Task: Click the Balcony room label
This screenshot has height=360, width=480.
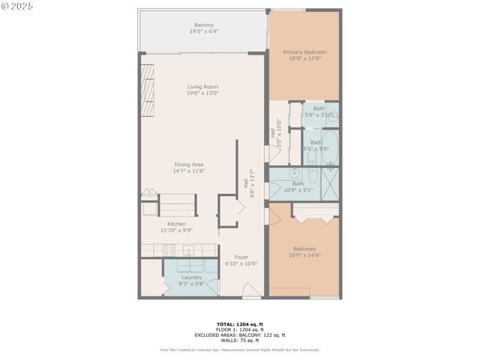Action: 203,25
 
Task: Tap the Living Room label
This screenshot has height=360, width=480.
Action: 203,87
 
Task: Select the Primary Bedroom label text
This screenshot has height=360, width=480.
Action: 304,52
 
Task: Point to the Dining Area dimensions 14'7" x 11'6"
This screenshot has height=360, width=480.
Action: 188,171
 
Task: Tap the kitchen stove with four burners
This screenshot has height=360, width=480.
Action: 168,250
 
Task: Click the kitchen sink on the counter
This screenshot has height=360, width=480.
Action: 189,250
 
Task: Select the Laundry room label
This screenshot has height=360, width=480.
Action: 191,277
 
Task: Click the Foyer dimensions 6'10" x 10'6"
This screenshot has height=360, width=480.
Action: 241,263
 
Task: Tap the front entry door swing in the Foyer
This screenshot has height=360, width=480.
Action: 251,292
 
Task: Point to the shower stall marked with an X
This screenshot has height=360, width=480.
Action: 330,184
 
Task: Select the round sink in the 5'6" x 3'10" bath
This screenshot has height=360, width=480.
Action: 332,119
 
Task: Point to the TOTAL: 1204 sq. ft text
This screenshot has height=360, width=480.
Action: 239,324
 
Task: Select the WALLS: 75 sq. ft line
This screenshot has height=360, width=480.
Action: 239,340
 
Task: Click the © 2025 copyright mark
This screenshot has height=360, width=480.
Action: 17,6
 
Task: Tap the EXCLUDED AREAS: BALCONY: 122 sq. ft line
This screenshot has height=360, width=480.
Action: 239,335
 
